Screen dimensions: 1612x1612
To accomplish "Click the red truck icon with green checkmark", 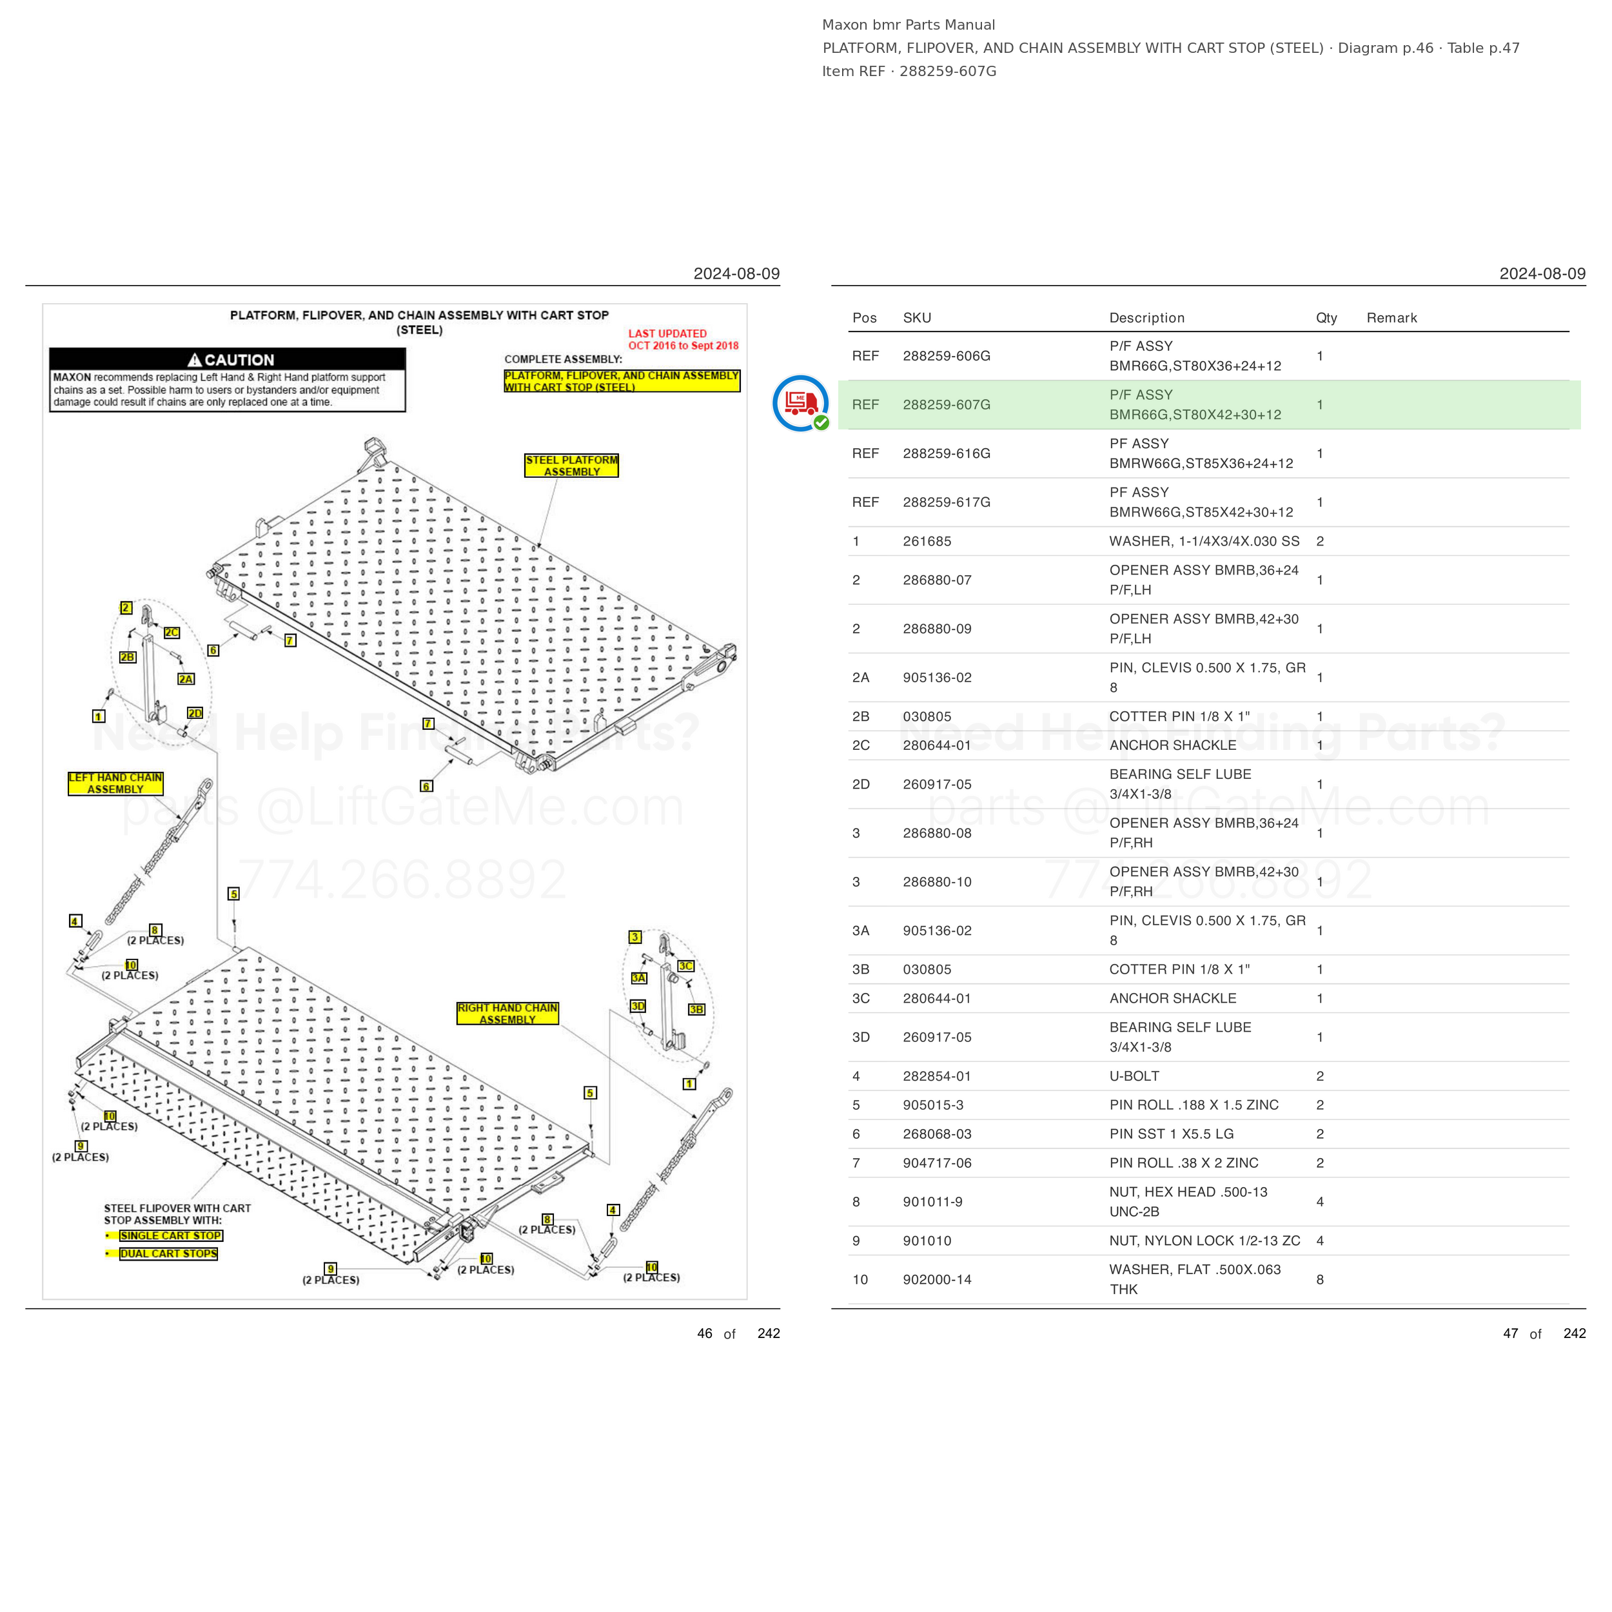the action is click(800, 403).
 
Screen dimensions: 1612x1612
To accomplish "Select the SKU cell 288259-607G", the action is click(946, 405).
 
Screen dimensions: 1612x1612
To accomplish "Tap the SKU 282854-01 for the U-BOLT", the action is click(937, 1076).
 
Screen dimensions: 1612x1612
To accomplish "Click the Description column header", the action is click(1146, 318).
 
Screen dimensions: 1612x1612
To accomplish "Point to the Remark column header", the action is click(1391, 318).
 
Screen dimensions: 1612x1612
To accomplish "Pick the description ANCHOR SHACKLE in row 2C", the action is click(1172, 745).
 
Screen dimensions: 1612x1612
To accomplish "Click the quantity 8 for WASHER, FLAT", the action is click(1320, 1279).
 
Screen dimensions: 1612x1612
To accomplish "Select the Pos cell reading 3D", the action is click(860, 1037).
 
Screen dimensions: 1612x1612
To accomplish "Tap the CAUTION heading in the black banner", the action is click(230, 360).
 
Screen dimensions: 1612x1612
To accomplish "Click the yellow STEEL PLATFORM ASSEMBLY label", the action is click(571, 466).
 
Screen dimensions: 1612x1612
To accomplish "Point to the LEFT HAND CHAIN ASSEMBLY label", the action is click(115, 783).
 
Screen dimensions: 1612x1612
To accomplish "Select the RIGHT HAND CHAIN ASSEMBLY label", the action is click(507, 1013).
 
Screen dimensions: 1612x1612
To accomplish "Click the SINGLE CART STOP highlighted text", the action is click(171, 1235).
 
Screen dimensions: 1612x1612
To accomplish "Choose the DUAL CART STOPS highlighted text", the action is click(168, 1253).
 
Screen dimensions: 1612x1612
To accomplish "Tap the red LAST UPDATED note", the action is click(683, 340).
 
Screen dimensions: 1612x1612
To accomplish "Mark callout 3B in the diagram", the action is click(696, 1010).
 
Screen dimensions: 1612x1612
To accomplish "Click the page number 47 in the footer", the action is click(1510, 1333).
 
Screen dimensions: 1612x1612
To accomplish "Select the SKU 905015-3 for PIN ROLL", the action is click(933, 1105).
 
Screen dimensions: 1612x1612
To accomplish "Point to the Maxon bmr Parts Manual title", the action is click(908, 25).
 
